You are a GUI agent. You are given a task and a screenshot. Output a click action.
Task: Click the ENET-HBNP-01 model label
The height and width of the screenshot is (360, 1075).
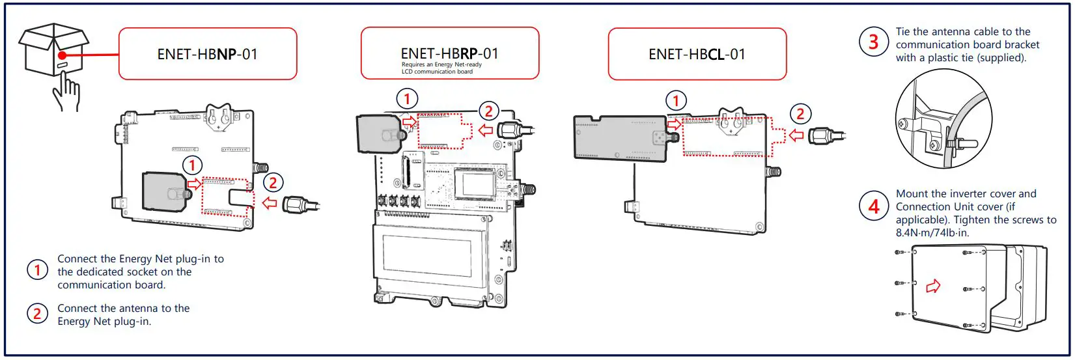pos(207,54)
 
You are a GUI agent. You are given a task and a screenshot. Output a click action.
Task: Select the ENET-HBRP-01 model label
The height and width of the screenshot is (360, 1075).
pos(449,53)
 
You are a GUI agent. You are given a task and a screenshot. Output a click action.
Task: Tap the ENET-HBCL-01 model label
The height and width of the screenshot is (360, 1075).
pos(697,54)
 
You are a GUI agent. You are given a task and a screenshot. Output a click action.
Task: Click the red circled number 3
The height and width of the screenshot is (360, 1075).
pos(873,42)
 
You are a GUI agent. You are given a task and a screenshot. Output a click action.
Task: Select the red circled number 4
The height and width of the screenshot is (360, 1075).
pos(873,206)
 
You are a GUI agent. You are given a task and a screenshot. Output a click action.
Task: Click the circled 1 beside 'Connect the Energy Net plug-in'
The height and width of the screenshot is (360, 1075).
pos(37,270)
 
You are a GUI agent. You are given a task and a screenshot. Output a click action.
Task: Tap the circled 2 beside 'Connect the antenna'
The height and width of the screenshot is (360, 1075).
pos(37,314)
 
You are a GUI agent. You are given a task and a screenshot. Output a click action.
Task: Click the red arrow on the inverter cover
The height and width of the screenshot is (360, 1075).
pos(933,286)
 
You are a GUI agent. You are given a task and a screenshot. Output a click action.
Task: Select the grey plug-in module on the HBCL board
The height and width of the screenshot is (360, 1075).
pos(619,137)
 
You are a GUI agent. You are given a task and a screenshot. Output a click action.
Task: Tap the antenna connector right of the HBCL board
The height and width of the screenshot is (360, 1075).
pos(824,135)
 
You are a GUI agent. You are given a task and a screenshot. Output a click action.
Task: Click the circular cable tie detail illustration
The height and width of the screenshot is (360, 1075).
pos(943,126)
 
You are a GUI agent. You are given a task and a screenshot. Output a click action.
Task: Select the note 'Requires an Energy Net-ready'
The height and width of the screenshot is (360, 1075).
pos(441,64)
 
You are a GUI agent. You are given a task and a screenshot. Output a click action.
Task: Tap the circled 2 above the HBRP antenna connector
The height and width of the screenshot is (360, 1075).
pos(488,111)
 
